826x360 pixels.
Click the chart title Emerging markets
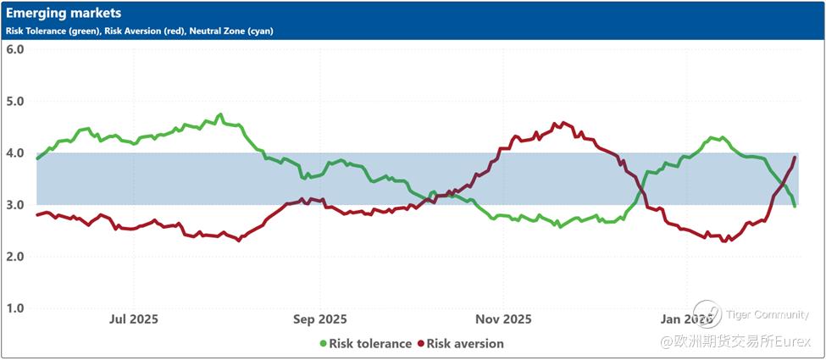click(x=64, y=14)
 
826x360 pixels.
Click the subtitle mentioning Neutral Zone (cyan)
click(x=140, y=30)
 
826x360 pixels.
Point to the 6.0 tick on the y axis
click(x=14, y=49)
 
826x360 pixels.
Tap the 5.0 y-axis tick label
click(x=14, y=101)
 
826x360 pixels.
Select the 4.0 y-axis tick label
click(x=14, y=152)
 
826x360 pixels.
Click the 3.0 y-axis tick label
click(x=14, y=204)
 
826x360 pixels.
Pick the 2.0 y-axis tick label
click(x=14, y=256)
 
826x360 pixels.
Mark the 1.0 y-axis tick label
click(x=14, y=308)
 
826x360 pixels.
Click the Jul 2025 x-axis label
click(x=133, y=319)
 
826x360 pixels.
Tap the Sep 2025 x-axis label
click(x=320, y=319)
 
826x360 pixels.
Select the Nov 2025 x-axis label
click(x=503, y=319)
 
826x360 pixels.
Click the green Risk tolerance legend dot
click(x=323, y=344)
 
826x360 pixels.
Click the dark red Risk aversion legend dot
click(x=420, y=344)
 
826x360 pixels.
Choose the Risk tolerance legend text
click(x=370, y=344)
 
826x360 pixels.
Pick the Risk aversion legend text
click(x=465, y=344)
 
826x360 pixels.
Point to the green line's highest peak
click(x=220, y=114)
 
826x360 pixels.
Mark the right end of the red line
click(x=795, y=158)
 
